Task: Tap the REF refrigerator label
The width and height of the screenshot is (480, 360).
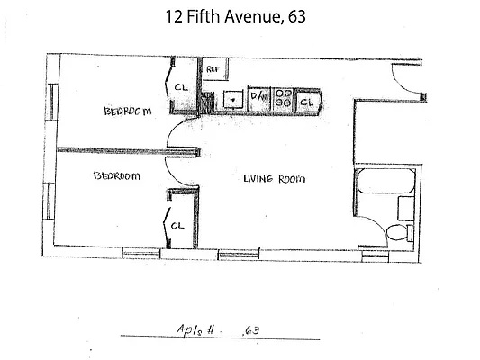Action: click(x=213, y=68)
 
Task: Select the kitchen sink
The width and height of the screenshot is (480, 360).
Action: click(x=231, y=99)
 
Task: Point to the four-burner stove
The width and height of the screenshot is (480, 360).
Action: click(x=282, y=98)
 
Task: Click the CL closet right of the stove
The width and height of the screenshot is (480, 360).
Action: click(x=306, y=102)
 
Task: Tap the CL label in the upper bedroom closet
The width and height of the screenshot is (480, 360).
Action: click(x=179, y=87)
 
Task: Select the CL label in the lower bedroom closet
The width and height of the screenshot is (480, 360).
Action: click(x=177, y=225)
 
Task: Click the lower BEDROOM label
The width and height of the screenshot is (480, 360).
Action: click(x=116, y=177)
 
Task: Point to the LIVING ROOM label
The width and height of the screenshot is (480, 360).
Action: click(x=274, y=179)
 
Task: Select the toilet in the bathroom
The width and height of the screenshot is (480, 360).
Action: click(x=395, y=235)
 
